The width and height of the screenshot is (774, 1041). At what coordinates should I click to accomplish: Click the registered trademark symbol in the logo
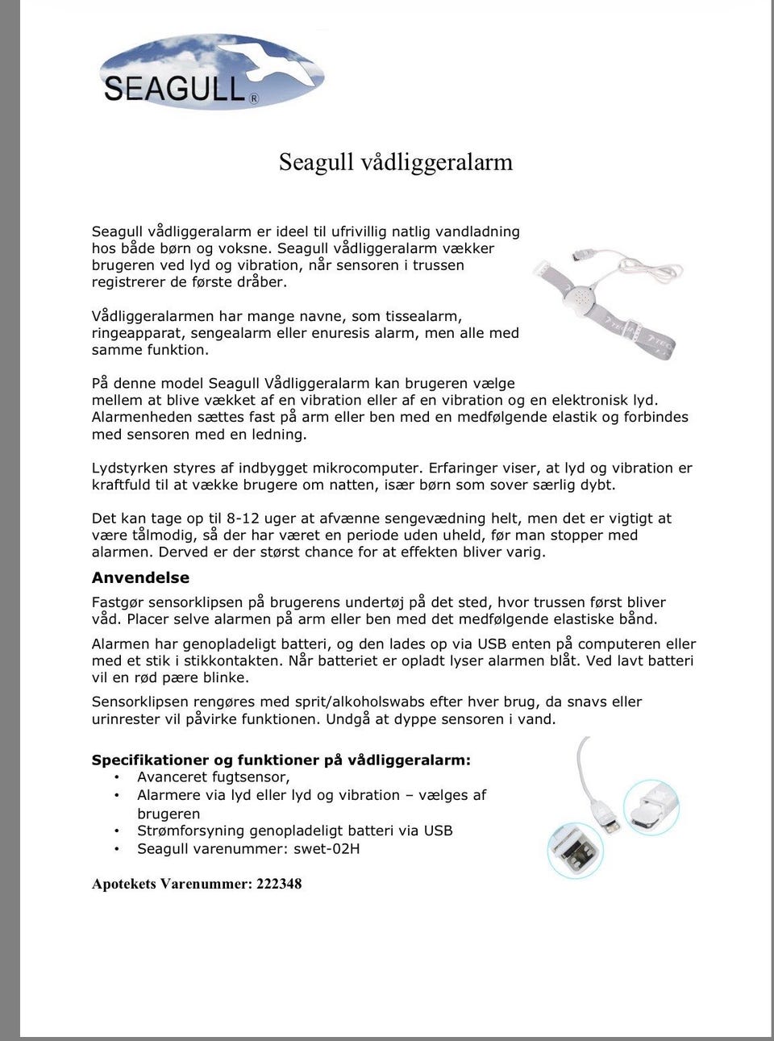point(255,100)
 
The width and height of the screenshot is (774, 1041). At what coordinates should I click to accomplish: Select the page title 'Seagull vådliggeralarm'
point(396,161)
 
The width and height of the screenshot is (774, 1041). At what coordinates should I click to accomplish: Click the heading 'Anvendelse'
point(140,577)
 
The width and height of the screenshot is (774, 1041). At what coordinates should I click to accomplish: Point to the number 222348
point(279,884)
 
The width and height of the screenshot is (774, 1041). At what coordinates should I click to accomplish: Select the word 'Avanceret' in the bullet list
point(172,777)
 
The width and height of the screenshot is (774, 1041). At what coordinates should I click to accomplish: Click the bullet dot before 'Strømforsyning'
point(117,831)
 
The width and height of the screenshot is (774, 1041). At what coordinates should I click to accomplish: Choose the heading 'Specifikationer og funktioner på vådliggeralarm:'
point(281,760)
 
